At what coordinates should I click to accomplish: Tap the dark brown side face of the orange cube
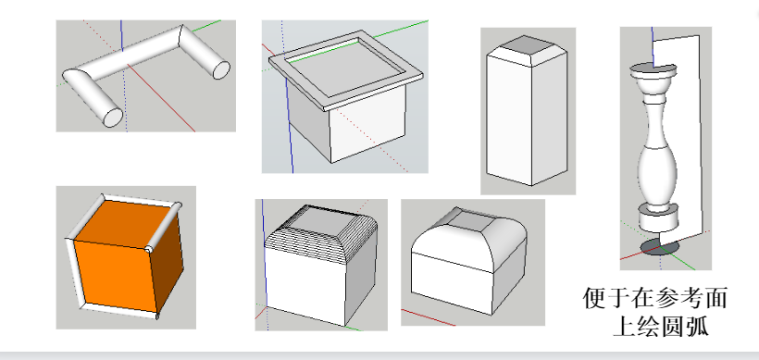click(x=168, y=261)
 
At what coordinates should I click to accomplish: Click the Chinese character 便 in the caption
click(x=594, y=298)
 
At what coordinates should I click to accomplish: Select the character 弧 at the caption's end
click(x=698, y=326)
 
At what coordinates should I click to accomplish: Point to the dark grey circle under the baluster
click(x=660, y=247)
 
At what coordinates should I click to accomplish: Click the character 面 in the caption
click(x=715, y=298)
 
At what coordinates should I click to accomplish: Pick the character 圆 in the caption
click(x=673, y=326)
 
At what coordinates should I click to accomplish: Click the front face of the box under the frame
click(x=367, y=126)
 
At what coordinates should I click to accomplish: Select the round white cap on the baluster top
click(x=653, y=71)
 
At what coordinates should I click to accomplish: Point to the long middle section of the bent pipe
click(x=136, y=54)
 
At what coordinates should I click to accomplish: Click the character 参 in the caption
click(x=667, y=298)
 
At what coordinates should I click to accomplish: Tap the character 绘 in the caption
click(x=649, y=326)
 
